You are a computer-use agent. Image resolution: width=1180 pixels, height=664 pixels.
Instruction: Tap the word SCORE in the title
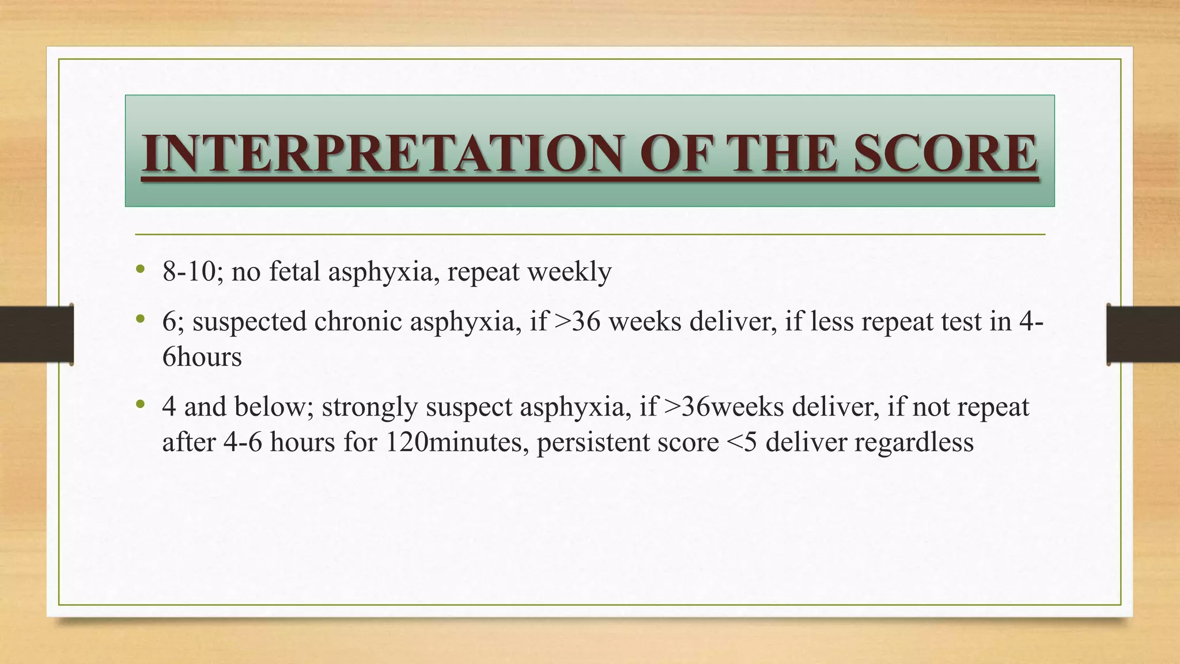[x=945, y=153]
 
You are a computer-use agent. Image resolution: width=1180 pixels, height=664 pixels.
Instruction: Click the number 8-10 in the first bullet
[x=188, y=271]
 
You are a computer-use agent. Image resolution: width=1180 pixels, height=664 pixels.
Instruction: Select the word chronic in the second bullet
[x=358, y=322]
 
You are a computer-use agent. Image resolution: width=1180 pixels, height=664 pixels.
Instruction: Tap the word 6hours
[x=202, y=357]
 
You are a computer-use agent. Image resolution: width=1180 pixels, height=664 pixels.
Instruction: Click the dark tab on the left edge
[x=36, y=334]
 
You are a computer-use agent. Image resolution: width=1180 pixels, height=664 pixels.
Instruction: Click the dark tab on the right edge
[x=1143, y=334]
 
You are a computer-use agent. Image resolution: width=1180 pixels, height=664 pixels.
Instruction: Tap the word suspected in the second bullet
[x=249, y=322]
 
